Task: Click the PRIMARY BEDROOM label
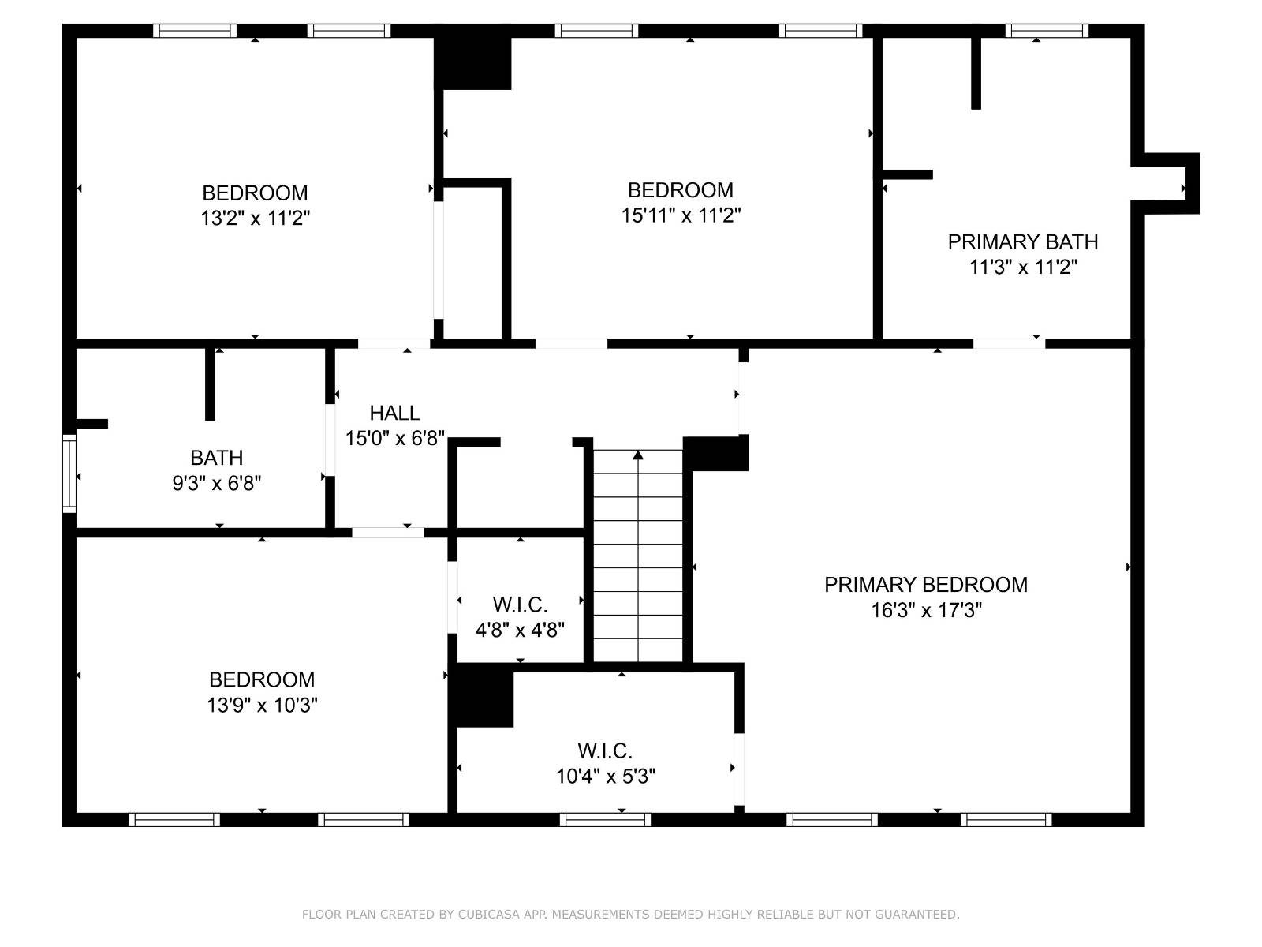click(x=926, y=585)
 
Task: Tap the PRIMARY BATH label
click(x=1023, y=241)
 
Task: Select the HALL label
click(x=394, y=413)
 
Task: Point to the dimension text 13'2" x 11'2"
click(x=255, y=219)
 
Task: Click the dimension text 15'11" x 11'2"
click(x=681, y=215)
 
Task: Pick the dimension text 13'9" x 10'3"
click(x=262, y=706)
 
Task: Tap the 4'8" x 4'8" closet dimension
click(x=520, y=631)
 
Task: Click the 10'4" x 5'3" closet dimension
click(x=606, y=777)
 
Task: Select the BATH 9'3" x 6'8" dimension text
click(x=217, y=483)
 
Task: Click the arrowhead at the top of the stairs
click(x=638, y=455)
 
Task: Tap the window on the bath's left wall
click(x=69, y=473)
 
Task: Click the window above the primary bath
click(x=1047, y=31)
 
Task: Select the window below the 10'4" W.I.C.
click(x=605, y=820)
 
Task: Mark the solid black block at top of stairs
click(x=715, y=453)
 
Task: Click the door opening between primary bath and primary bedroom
click(x=1009, y=343)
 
